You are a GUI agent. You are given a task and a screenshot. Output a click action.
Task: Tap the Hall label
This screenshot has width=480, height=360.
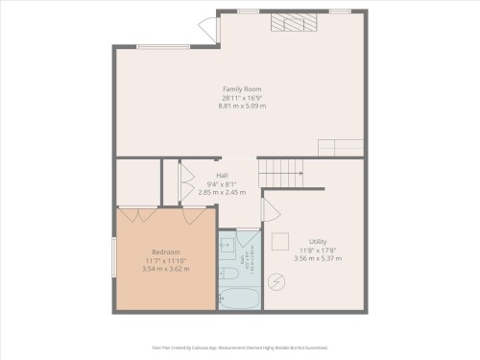(x=222, y=176)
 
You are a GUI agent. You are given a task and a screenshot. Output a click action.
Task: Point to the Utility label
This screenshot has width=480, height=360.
(x=317, y=241)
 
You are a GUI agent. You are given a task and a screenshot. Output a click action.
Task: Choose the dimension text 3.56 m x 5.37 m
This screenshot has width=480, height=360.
(x=317, y=258)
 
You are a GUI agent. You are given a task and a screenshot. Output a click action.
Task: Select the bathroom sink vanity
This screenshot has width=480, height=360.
(x=227, y=248)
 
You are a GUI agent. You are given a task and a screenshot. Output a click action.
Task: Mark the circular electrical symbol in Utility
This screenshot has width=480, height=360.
(x=278, y=281)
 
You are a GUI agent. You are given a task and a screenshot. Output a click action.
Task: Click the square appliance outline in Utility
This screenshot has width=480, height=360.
(x=282, y=241)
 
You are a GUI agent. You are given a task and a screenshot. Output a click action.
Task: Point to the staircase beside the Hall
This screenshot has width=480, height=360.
(x=280, y=174)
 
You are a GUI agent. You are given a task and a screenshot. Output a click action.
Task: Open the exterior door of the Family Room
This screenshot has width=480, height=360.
(x=208, y=30)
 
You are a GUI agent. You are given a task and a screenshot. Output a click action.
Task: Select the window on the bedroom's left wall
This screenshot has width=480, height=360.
(x=116, y=261)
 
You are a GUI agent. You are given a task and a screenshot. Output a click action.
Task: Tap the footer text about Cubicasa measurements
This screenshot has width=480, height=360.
(x=240, y=347)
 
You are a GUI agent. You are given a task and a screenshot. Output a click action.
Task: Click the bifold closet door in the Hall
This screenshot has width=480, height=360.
(x=174, y=182)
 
